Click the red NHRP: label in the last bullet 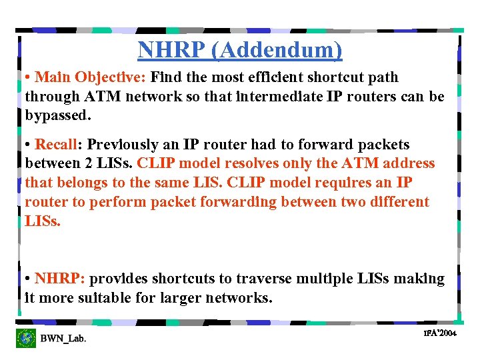60,279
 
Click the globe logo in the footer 26,338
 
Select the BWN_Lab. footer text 63,339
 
